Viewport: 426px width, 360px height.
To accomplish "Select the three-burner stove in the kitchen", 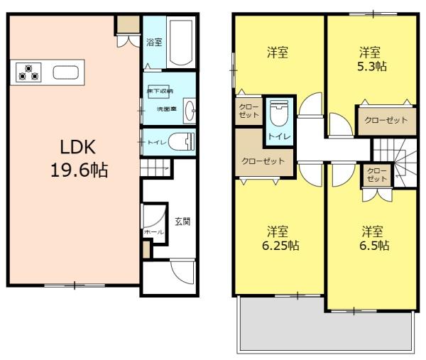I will pyautogui.click(x=29, y=72).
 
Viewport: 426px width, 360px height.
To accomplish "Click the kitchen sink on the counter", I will pyautogui.click(x=65, y=72).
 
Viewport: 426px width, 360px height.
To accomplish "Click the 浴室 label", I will pyautogui.click(x=154, y=42).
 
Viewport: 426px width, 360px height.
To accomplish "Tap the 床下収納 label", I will pyautogui.click(x=160, y=92).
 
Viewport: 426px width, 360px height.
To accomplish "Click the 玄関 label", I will pyautogui.click(x=181, y=221).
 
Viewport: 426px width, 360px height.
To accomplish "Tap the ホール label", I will pyautogui.click(x=153, y=232).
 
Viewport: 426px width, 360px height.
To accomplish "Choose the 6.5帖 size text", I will pyautogui.click(x=372, y=245).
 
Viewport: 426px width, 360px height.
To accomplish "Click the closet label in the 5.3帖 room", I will pyautogui.click(x=386, y=120).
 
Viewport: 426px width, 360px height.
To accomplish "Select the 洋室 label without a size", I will pyautogui.click(x=278, y=53).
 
